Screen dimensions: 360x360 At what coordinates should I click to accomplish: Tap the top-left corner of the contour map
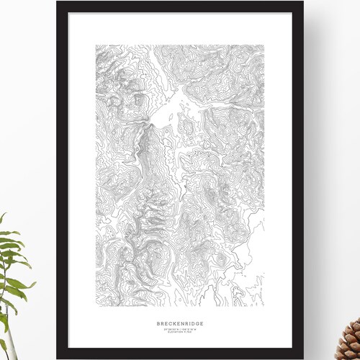(x=96, y=45)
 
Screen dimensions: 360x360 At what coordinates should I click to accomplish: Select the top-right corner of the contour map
(x=264, y=45)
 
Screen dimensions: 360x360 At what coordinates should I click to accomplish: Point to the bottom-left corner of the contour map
(x=96, y=293)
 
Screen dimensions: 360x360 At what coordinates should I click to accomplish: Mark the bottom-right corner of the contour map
(x=264, y=293)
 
